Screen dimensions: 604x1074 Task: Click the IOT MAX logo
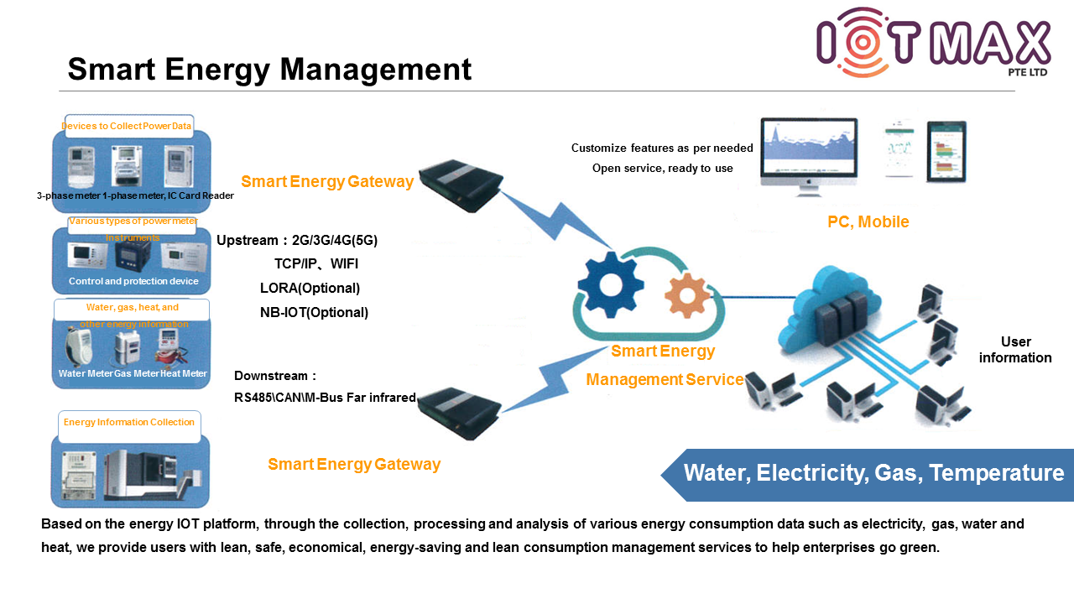[x=933, y=43]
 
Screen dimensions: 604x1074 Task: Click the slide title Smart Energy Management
[x=269, y=69]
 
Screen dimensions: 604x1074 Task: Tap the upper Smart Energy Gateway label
[x=327, y=182]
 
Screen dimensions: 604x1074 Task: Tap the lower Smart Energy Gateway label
[x=353, y=464]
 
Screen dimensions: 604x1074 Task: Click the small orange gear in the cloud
[x=687, y=294]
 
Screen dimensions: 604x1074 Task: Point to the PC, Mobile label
[x=868, y=222]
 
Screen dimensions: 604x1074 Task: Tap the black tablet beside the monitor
[x=946, y=151]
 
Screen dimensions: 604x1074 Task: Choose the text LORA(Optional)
[x=310, y=288]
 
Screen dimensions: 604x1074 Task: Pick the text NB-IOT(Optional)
[x=314, y=312]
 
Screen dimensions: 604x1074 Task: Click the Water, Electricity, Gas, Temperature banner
[x=873, y=474]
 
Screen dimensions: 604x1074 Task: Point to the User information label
[x=1015, y=350]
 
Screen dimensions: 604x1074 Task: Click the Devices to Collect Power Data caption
[x=127, y=127]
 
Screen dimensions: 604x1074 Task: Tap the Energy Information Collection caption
[x=129, y=422]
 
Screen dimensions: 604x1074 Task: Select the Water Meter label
[x=85, y=373]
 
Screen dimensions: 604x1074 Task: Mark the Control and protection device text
[x=133, y=281]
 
